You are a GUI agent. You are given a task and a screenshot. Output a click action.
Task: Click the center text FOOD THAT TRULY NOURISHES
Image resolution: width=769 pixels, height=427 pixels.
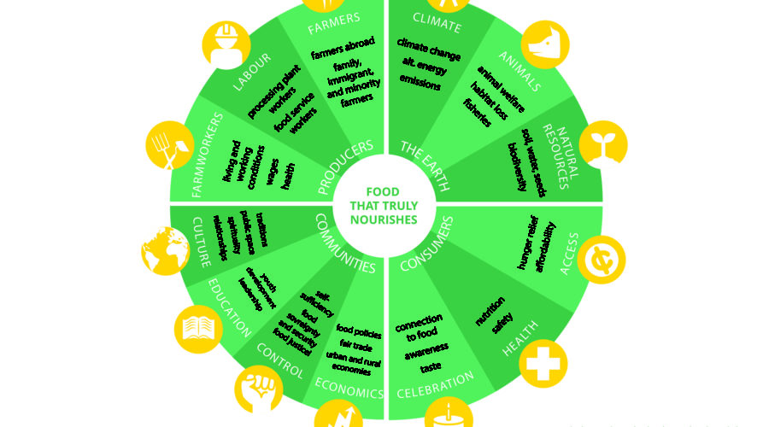tap(384, 206)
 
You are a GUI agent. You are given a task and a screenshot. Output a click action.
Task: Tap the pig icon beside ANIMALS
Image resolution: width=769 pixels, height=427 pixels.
tap(545, 40)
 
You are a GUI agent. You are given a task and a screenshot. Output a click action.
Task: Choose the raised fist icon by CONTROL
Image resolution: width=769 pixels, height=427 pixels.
tap(258, 385)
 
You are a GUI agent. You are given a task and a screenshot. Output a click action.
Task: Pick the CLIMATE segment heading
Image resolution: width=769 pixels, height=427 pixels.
tap(437, 21)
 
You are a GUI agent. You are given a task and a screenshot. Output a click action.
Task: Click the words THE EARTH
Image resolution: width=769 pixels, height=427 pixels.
tap(426, 161)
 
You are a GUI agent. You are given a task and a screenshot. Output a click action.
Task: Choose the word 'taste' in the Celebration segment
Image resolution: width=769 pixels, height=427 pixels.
tap(431, 368)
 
